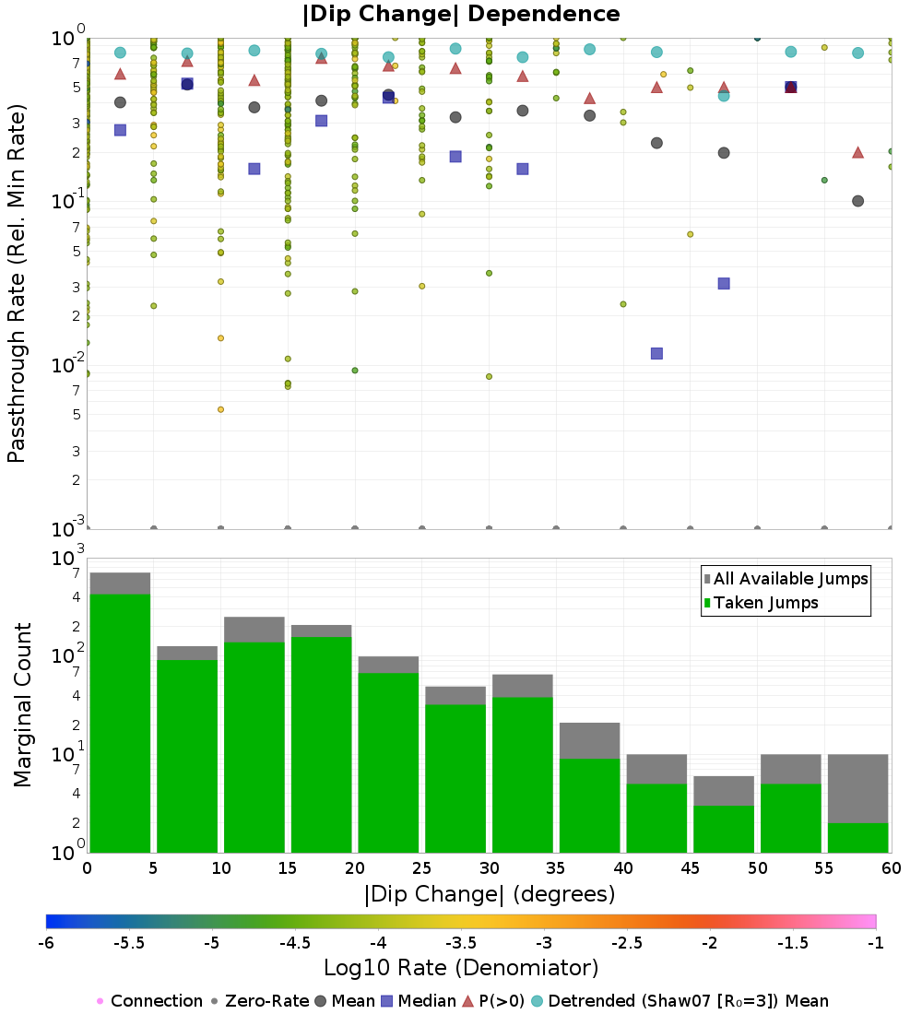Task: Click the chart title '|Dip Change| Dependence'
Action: point(461,14)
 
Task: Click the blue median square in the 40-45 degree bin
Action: point(656,354)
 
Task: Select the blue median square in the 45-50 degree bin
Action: point(724,283)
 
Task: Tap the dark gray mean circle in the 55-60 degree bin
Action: point(858,201)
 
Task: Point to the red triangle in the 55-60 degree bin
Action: point(858,153)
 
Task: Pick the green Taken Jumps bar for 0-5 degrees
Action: point(121,723)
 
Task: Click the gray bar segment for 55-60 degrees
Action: point(858,788)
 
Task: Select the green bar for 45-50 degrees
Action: point(724,829)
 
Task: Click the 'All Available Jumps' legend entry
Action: point(786,579)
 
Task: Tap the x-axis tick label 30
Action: point(490,867)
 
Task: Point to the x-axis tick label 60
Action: point(892,867)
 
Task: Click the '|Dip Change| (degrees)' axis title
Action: point(490,894)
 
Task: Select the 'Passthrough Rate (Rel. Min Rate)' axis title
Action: point(17,283)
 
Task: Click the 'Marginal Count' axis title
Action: point(22,705)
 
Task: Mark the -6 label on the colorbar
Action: point(46,943)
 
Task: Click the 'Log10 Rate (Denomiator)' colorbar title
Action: point(461,968)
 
